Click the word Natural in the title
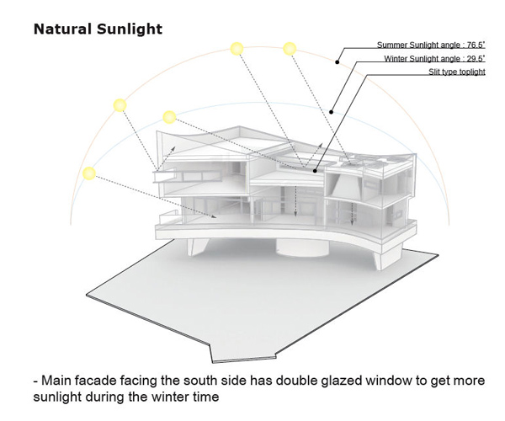click(62, 29)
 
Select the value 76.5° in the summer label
click(476, 45)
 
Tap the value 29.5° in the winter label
click(476, 59)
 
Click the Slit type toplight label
click(457, 72)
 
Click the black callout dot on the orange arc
click(338, 62)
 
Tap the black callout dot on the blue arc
click(331, 112)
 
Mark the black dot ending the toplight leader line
click(315, 171)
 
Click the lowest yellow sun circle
click(89, 173)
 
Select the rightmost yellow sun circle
click(290, 49)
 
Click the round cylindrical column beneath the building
click(302, 248)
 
